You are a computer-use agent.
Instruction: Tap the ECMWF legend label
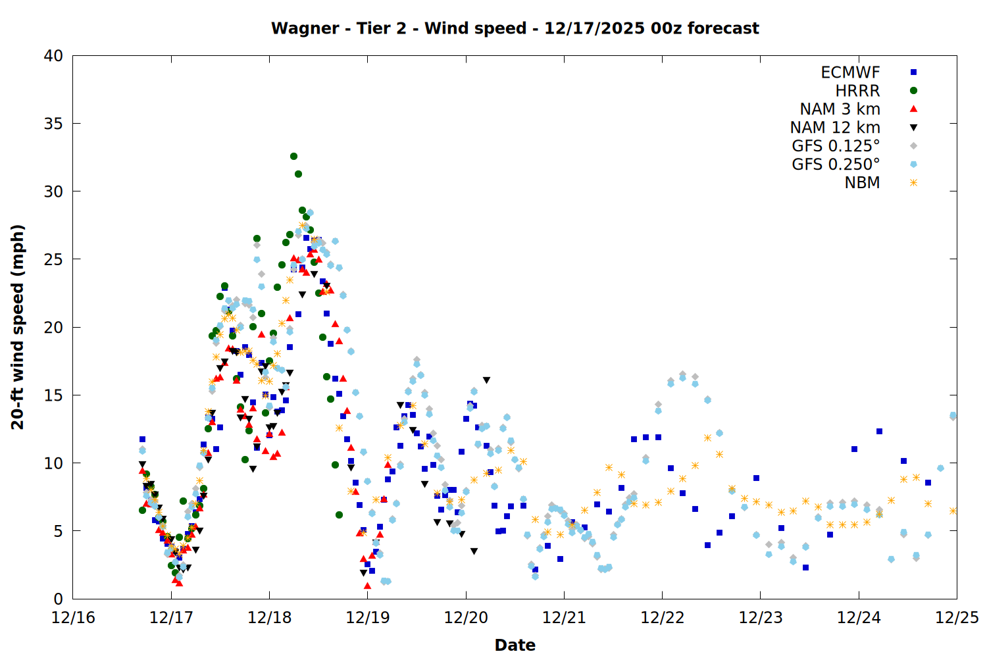coord(850,72)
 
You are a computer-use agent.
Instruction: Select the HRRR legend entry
coord(857,91)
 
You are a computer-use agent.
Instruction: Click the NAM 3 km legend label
coord(840,109)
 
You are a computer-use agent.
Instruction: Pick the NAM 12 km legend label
coord(835,128)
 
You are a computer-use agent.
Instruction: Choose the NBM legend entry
coord(862,183)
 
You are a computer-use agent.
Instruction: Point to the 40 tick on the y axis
coord(54,56)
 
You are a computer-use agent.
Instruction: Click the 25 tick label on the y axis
coord(54,259)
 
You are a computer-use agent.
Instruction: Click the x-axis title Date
coord(515,645)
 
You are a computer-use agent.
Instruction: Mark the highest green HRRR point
coord(293,156)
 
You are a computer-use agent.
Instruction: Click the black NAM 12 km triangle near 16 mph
coord(486,380)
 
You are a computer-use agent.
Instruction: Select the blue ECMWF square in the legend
coord(913,72)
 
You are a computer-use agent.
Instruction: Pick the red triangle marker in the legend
coord(913,109)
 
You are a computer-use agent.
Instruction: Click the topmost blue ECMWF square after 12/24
coord(879,431)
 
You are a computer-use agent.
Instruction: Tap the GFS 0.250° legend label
coord(836,164)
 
